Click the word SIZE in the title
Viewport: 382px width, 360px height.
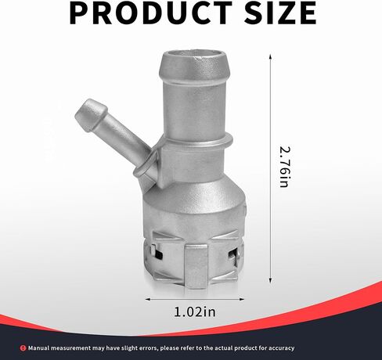tap(280, 13)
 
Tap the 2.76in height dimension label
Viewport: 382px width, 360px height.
tap(284, 167)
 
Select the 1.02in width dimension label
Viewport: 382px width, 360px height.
tap(195, 311)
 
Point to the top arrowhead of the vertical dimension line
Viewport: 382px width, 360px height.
tap(270, 56)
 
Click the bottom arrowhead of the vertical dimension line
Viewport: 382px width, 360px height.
tap(270, 280)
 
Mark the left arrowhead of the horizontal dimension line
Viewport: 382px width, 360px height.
tap(148, 299)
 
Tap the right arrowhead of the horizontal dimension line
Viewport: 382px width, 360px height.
tap(241, 299)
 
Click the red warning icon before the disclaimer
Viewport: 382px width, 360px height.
tap(23, 348)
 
